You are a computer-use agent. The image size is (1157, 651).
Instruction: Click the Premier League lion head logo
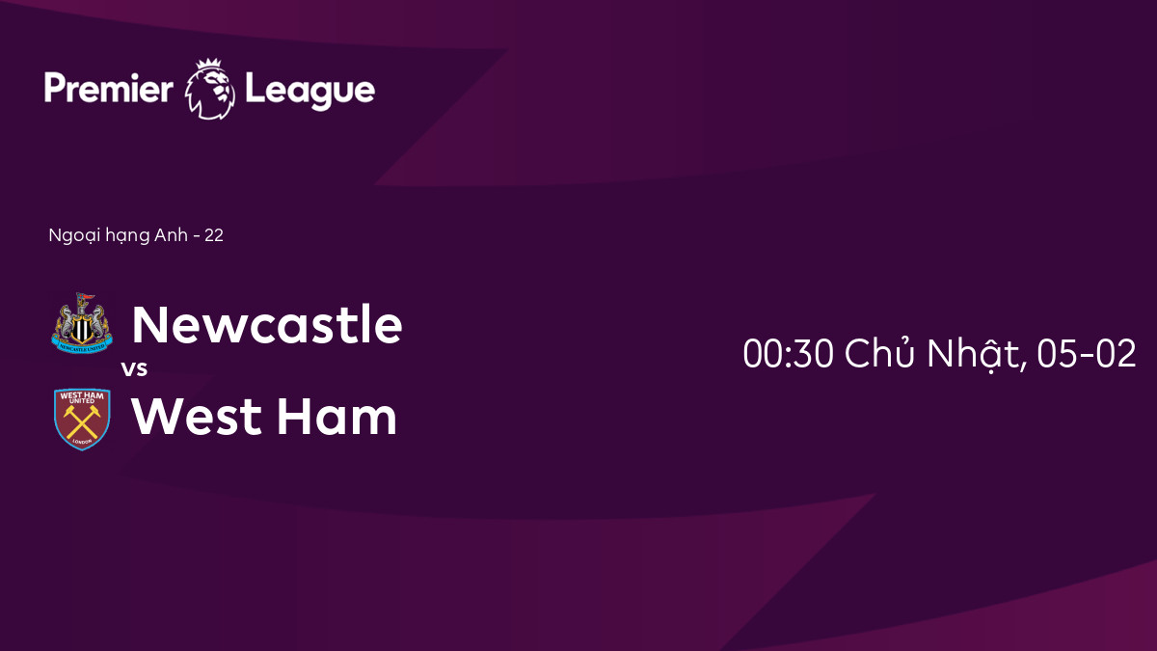pyautogui.click(x=210, y=90)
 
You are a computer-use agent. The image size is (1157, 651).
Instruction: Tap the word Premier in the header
pyautogui.click(x=108, y=88)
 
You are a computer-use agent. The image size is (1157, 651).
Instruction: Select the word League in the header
pyautogui.click(x=309, y=92)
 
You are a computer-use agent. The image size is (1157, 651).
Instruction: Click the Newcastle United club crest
pyautogui.click(x=82, y=323)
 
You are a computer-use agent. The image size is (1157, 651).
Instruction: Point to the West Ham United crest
pyautogui.click(x=82, y=419)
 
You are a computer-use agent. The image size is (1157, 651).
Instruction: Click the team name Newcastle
pyautogui.click(x=267, y=324)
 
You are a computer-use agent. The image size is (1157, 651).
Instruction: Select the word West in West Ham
pyautogui.click(x=197, y=417)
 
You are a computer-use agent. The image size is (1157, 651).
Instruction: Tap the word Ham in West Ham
pyautogui.click(x=336, y=416)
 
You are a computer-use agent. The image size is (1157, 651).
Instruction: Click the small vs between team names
pyautogui.click(x=134, y=368)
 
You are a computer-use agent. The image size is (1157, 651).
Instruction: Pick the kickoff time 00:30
pyautogui.click(x=789, y=353)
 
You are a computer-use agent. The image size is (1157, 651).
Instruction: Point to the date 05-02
pyautogui.click(x=1087, y=353)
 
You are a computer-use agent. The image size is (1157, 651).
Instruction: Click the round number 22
pyautogui.click(x=214, y=235)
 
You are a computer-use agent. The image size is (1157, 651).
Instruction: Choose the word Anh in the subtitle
pyautogui.click(x=171, y=235)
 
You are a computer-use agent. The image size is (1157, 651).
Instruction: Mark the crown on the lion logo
pyautogui.click(x=208, y=64)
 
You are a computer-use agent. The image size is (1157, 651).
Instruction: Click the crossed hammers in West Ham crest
pyautogui.click(x=82, y=421)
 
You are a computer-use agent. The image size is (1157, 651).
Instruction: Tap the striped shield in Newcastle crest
pyautogui.click(x=82, y=330)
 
